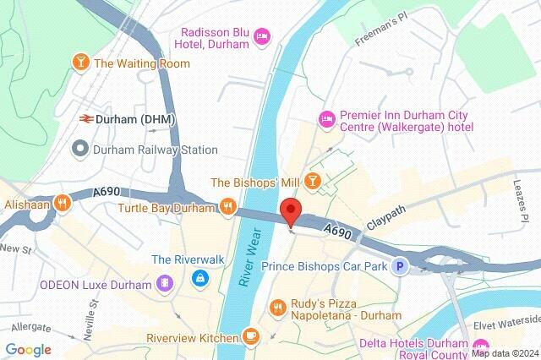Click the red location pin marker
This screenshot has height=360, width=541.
[x=291, y=211]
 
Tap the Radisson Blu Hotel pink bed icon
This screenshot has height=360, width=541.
[x=262, y=35]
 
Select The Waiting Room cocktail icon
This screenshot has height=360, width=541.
[x=80, y=63]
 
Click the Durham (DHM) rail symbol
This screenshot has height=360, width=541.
[x=85, y=120]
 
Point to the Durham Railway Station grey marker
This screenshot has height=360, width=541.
[x=80, y=150]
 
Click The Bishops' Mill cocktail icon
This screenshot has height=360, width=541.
[x=313, y=180]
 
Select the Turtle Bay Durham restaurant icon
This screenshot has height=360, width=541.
[x=227, y=205]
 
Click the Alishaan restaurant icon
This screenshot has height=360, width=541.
[x=62, y=203]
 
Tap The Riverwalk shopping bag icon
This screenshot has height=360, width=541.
[x=198, y=276]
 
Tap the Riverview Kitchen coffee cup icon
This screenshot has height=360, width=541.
[x=249, y=336]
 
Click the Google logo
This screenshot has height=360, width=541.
[x=28, y=349]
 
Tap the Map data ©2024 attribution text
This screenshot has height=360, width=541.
[x=505, y=353]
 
